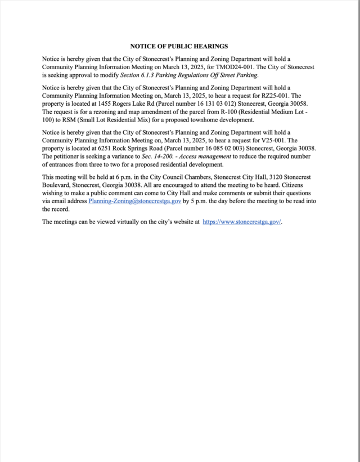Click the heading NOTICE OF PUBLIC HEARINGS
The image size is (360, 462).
click(179, 46)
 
